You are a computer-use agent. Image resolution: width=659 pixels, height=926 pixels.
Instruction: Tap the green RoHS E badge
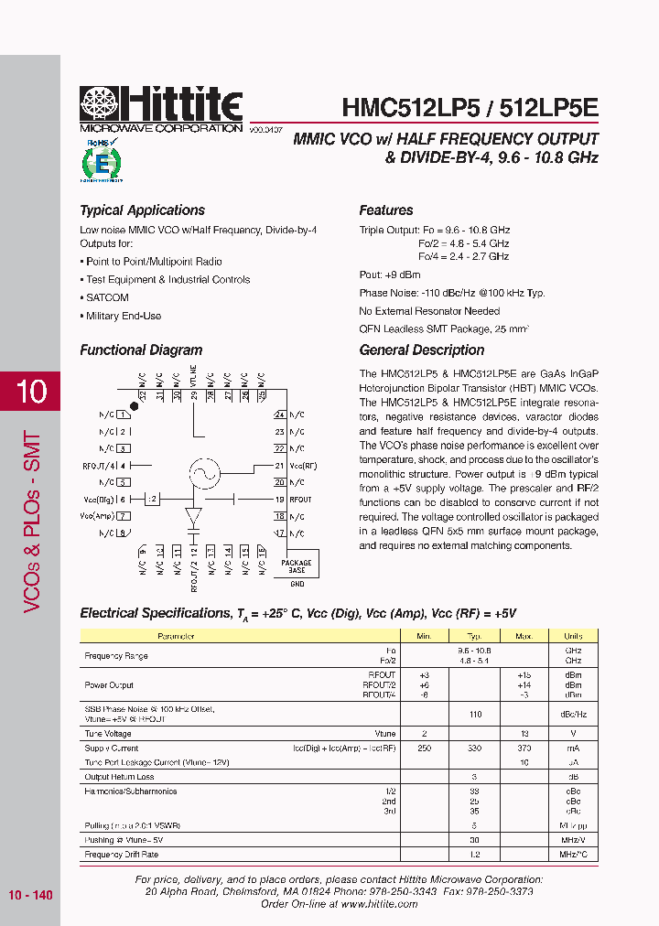tap(101, 162)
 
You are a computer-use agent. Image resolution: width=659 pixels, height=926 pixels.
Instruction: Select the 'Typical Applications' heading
tap(142, 210)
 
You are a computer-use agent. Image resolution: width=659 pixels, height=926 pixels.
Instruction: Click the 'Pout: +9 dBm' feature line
tap(390, 275)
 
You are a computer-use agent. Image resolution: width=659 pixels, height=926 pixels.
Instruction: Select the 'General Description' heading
tap(421, 350)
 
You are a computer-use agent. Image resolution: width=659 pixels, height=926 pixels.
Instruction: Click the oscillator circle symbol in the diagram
tap(204, 472)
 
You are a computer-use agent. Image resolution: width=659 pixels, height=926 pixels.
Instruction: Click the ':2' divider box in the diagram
tap(153, 499)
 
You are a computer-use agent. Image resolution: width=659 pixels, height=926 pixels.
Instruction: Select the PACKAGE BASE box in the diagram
tap(296, 565)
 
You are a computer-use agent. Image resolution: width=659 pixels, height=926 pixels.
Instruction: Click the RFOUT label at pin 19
tap(300, 500)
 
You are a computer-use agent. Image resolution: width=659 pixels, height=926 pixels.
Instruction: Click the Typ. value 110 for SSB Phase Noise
tap(474, 713)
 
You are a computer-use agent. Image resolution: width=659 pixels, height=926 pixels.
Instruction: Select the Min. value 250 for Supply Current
tap(424, 748)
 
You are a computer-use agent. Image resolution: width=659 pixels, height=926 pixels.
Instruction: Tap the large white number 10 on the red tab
tap(30, 392)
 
